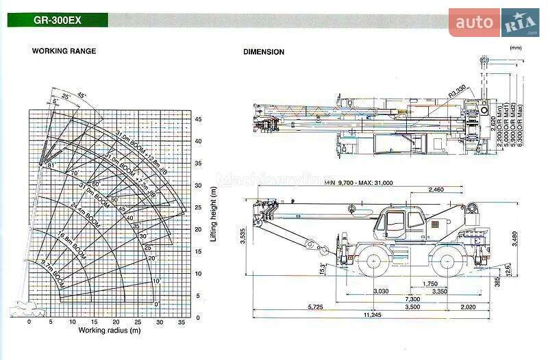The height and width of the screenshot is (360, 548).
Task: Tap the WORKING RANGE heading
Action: (x=64, y=51)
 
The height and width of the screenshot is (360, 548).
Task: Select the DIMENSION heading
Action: (x=264, y=52)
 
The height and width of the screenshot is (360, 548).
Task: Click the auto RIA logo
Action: (x=494, y=23)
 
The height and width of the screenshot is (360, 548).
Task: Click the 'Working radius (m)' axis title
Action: (x=109, y=331)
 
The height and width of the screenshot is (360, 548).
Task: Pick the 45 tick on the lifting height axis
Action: (x=199, y=119)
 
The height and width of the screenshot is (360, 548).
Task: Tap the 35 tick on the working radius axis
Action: (x=181, y=322)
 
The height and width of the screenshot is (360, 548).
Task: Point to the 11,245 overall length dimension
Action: (x=372, y=315)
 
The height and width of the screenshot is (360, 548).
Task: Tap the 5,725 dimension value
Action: (x=297, y=307)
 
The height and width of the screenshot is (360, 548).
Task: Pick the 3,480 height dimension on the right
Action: (x=515, y=239)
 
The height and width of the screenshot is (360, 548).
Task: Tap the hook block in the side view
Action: (x=310, y=244)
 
